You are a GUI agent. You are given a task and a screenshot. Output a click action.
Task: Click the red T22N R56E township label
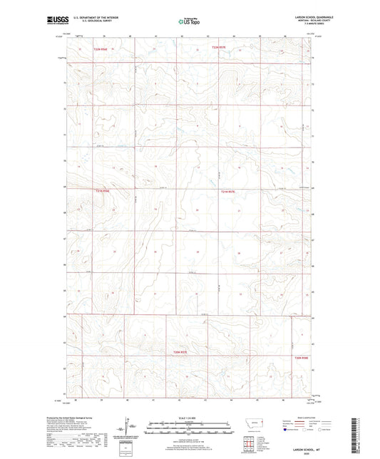(x=101, y=48)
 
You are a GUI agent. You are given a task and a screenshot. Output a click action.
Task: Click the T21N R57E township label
(x=227, y=190)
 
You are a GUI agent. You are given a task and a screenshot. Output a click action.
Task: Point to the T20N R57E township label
(x=180, y=351)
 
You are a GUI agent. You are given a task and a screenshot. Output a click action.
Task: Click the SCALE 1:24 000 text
(x=189, y=417)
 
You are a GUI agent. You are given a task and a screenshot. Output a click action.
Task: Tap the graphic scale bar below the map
(x=189, y=429)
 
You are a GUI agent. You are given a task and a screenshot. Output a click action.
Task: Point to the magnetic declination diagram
(x=128, y=430)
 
